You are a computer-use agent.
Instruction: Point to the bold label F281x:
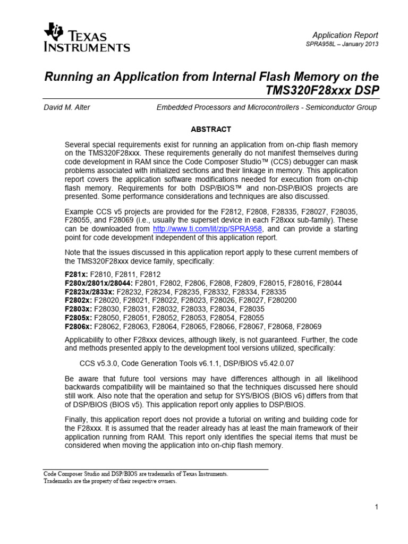tap(76, 274)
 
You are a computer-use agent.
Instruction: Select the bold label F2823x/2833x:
tap(89, 292)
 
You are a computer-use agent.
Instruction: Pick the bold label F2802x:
tap(78, 300)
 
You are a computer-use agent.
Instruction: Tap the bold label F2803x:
tap(78, 309)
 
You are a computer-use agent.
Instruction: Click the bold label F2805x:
tap(78, 318)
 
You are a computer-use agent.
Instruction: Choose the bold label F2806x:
tap(78, 326)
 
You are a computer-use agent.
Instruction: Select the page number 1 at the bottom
tap(376, 507)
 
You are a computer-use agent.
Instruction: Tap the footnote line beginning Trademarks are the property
tap(109, 481)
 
